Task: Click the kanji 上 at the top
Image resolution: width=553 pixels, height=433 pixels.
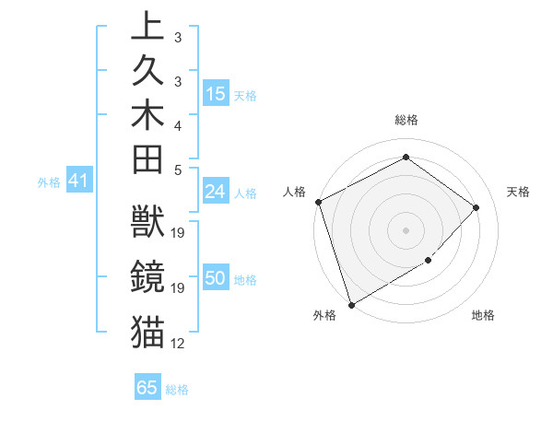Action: tap(148, 25)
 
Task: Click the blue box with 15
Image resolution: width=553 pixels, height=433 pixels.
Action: tap(216, 94)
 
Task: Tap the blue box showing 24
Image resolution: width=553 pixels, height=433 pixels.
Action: tap(216, 192)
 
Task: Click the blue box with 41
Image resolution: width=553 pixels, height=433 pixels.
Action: tap(78, 181)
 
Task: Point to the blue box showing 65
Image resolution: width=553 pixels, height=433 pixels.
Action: tap(147, 388)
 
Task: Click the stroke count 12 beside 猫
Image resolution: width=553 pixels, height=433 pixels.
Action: tap(178, 344)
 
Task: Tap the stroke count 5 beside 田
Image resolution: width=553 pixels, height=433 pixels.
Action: tap(178, 169)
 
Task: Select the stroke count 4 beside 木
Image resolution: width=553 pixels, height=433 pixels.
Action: tap(178, 124)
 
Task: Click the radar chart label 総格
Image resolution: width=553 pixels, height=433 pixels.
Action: tap(406, 120)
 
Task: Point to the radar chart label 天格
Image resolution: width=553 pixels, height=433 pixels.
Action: tap(518, 192)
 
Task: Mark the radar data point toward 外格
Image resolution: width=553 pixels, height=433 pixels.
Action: tap(352, 304)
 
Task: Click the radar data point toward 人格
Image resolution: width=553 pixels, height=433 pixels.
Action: tap(318, 202)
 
